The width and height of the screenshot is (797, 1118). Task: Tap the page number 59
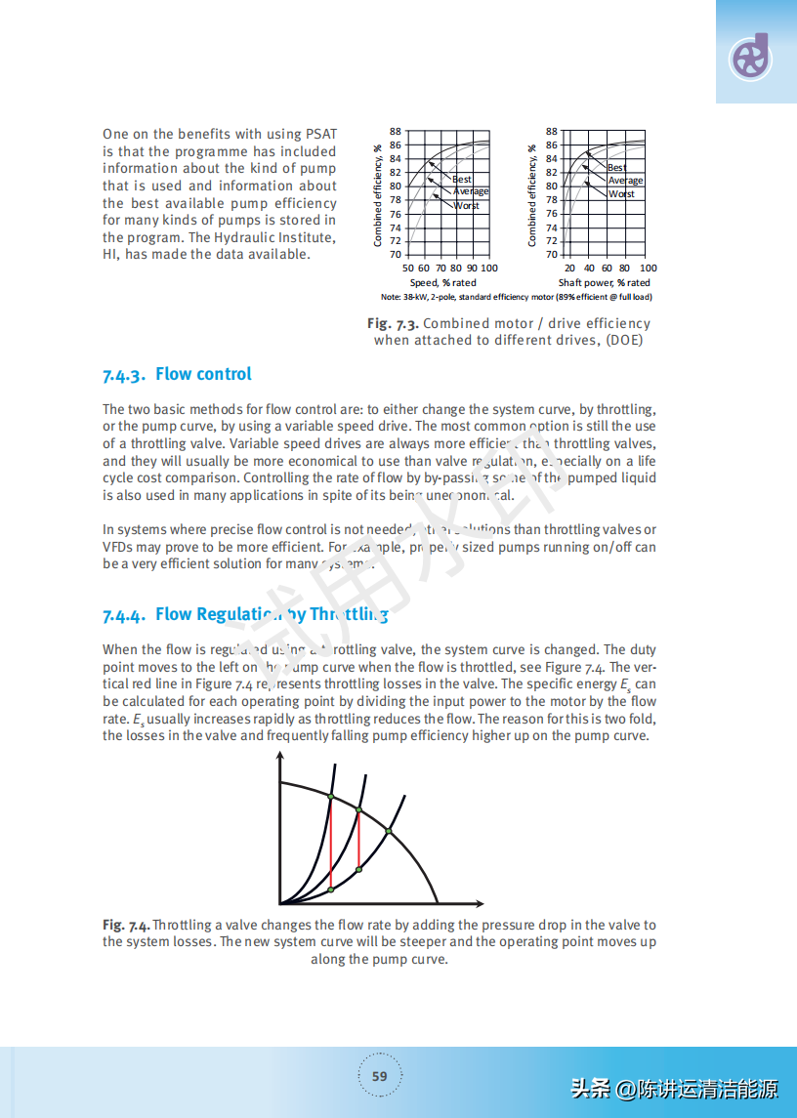click(380, 1077)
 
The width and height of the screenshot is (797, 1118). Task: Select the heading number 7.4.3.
click(124, 375)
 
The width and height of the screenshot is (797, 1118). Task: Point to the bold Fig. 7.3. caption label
click(393, 323)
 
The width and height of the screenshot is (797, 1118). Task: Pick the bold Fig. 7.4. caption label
click(126, 925)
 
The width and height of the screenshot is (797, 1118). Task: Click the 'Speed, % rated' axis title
click(442, 283)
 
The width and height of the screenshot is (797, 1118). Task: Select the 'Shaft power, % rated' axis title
click(604, 283)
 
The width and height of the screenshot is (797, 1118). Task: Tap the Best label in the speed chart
click(462, 180)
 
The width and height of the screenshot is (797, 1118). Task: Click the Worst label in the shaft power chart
click(622, 194)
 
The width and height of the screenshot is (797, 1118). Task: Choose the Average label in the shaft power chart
click(626, 181)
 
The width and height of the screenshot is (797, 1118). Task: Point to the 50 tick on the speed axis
click(409, 269)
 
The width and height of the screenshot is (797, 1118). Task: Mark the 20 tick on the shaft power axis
click(569, 269)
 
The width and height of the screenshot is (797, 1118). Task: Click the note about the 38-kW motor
click(516, 297)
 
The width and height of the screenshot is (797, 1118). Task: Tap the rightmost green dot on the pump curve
click(389, 831)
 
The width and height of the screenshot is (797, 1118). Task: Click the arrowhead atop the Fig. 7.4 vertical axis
click(280, 757)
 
